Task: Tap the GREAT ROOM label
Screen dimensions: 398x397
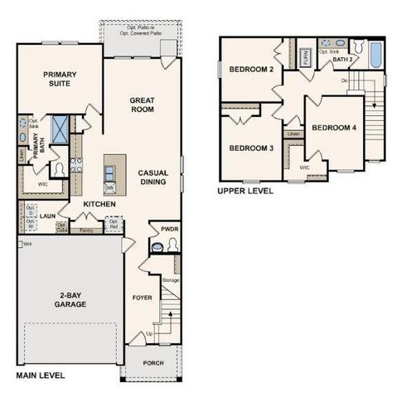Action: click(143, 104)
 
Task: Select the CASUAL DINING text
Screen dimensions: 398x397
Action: click(154, 176)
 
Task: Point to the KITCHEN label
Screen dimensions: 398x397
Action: click(99, 203)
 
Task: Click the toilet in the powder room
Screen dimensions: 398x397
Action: click(158, 245)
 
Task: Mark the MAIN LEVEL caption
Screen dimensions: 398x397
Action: click(40, 376)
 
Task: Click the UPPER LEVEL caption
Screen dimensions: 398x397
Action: click(244, 191)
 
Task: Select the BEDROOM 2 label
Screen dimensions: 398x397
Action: click(251, 69)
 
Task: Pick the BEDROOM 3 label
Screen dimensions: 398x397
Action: click(251, 148)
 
